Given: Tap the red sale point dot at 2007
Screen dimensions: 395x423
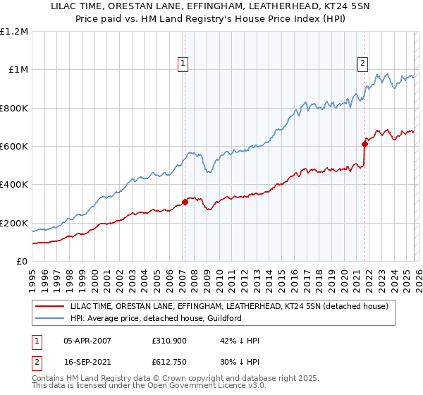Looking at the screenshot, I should [x=185, y=202].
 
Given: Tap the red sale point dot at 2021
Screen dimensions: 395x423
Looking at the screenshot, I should [x=365, y=144].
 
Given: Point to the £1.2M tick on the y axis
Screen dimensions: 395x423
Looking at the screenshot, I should [x=14, y=32].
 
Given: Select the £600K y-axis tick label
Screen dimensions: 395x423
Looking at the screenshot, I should [x=14, y=147].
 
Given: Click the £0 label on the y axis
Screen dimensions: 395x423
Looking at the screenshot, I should [x=23, y=262].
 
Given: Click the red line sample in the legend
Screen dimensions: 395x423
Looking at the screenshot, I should [x=51, y=306].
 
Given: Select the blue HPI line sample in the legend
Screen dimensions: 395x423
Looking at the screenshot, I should [x=51, y=318].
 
